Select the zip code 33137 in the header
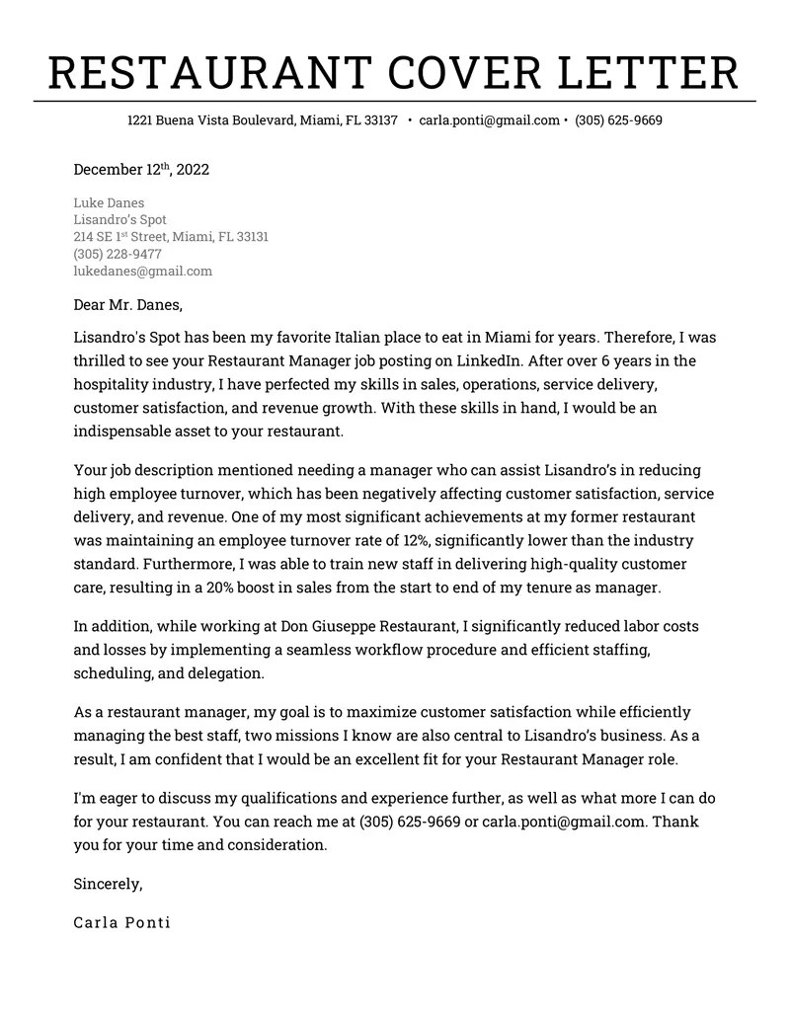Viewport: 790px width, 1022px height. coord(380,120)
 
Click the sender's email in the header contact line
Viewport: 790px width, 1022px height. coord(489,120)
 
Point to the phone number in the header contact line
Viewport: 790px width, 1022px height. coord(618,120)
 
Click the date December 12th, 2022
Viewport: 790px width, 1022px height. coord(141,170)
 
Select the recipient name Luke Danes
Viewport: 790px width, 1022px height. coord(109,203)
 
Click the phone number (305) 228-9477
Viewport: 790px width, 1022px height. coord(118,254)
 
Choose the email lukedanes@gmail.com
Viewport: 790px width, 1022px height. coord(142,271)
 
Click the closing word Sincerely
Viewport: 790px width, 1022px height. coord(108,884)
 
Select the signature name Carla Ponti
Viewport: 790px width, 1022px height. coord(121,922)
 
